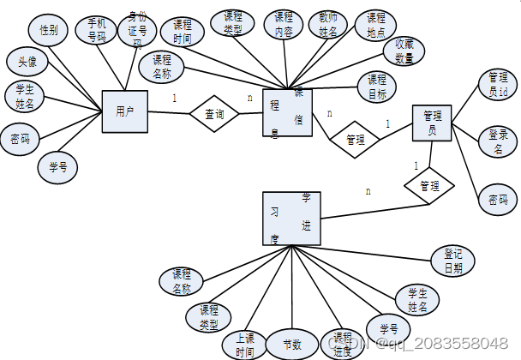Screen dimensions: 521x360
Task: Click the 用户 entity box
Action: pyautogui.click(x=124, y=111)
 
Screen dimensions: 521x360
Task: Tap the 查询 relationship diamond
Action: pyautogui.click(x=214, y=113)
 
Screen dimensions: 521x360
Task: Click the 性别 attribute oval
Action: pyautogui.click(x=49, y=31)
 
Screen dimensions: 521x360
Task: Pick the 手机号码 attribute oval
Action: pyautogui.click(x=96, y=30)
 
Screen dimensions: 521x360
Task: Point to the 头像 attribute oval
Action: pyautogui.click(x=27, y=61)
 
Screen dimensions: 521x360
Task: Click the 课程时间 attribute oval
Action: pyautogui.click(x=182, y=31)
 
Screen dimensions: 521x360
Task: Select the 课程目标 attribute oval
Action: pyautogui.click(x=376, y=86)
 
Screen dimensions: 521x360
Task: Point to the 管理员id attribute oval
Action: pyautogui.click(x=497, y=83)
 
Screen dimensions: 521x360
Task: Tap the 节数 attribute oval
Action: pyautogui.click(x=293, y=345)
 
